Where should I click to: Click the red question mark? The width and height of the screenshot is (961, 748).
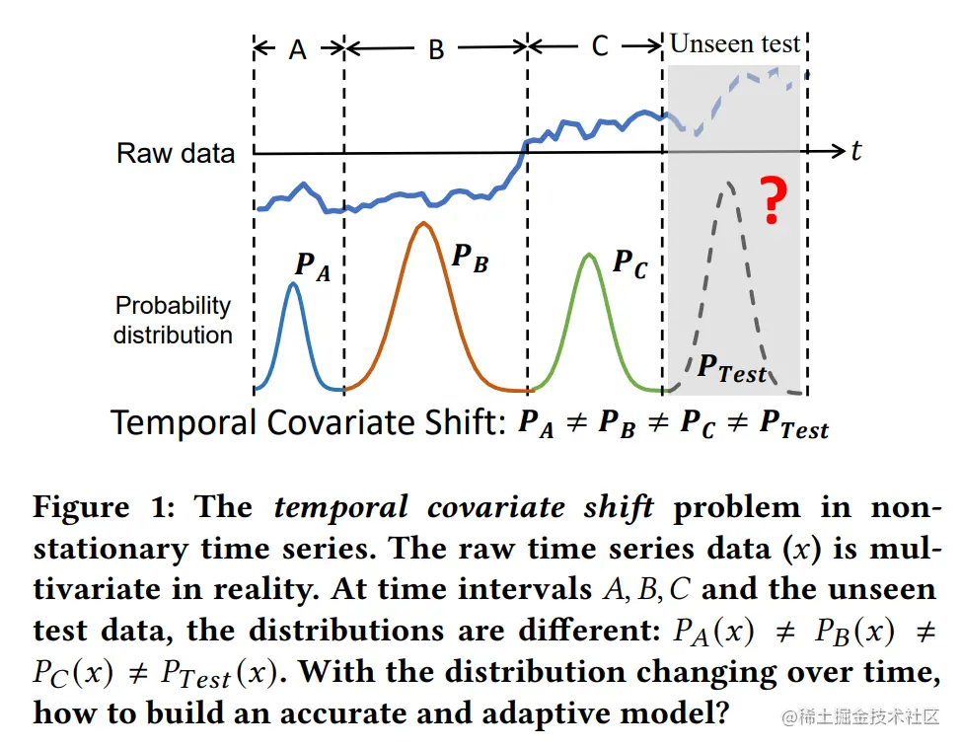[x=775, y=200]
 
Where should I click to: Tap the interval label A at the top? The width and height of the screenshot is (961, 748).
[x=299, y=48]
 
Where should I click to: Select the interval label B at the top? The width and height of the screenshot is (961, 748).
[x=436, y=49]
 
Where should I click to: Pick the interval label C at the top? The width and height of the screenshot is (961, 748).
[x=599, y=46]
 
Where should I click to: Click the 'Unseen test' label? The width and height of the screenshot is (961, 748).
[x=735, y=43]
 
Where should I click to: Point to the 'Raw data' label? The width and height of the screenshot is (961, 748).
[x=176, y=153]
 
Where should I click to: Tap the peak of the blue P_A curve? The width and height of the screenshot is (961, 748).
[x=293, y=284]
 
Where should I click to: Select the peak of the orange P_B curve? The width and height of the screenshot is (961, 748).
[x=423, y=224]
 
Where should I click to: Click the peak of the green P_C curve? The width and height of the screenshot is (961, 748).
[x=590, y=255]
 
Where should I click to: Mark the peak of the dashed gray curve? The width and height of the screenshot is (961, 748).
[x=728, y=184]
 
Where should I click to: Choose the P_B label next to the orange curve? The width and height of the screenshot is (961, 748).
[x=469, y=258]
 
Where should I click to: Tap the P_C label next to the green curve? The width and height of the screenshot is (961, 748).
[x=629, y=263]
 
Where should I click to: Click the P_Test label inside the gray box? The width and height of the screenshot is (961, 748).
[x=731, y=368]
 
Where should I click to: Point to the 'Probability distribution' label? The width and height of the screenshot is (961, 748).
[x=173, y=320]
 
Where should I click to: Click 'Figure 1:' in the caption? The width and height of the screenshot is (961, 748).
[x=107, y=508]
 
